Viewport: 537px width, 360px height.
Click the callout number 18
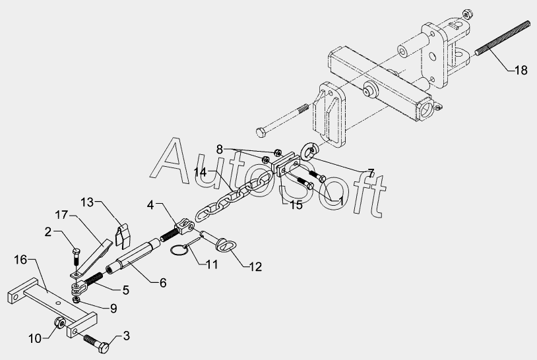[x=521, y=70]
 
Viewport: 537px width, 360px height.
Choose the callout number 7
[x=370, y=173]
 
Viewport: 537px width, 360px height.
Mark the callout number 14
[x=201, y=173]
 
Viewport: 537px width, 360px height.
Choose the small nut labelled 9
[x=77, y=300]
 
